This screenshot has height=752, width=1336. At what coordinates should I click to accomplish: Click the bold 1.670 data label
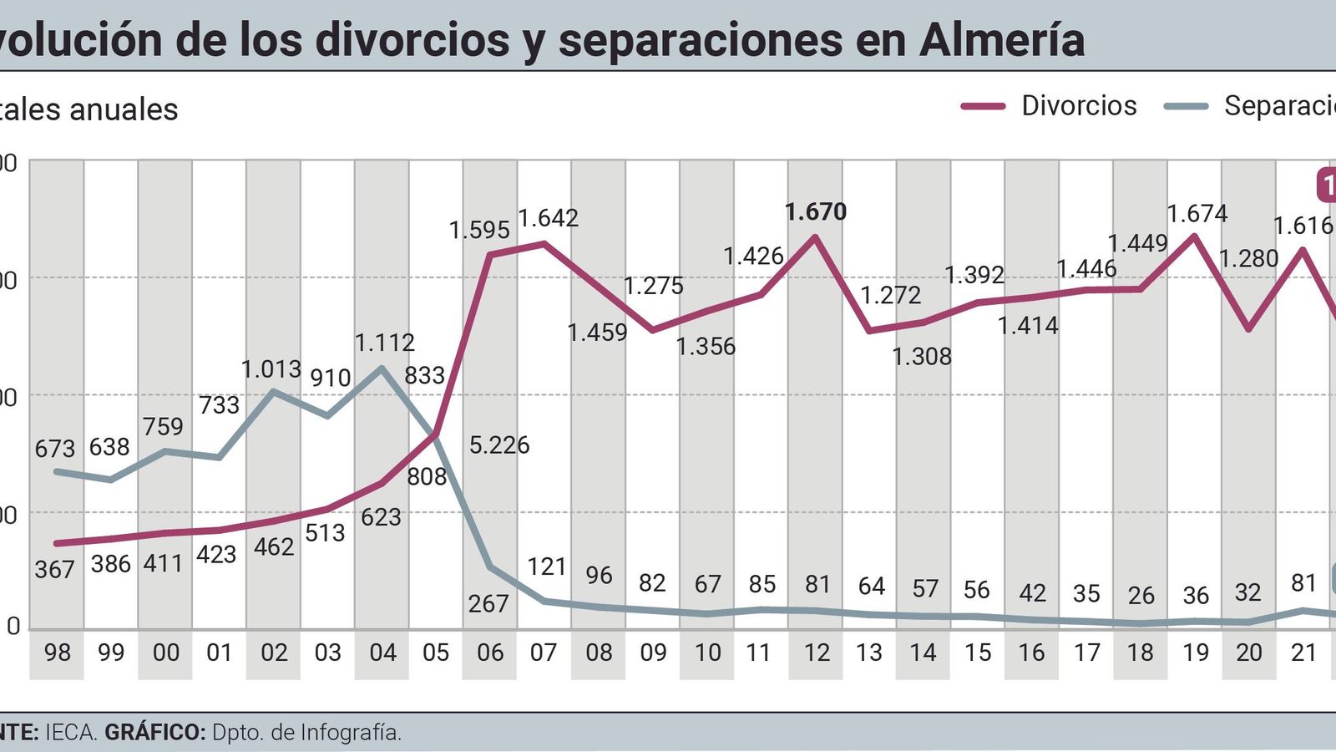(x=816, y=212)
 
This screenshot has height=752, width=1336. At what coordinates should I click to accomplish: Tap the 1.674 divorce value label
(x=1197, y=214)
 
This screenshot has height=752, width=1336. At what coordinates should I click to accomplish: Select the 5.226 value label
(x=498, y=445)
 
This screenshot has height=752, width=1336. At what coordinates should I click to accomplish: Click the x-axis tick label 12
(x=816, y=653)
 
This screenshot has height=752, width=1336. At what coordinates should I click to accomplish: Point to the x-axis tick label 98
(x=57, y=653)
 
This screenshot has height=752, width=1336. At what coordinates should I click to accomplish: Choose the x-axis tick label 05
(x=436, y=653)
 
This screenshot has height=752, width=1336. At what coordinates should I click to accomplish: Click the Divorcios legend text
(x=1079, y=106)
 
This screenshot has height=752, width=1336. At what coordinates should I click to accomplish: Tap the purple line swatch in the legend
(x=983, y=106)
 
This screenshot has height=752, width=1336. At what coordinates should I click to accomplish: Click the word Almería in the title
(x=1002, y=40)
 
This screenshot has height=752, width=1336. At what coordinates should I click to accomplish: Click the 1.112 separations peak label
(x=384, y=343)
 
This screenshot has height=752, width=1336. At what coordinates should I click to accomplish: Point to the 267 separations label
(x=488, y=603)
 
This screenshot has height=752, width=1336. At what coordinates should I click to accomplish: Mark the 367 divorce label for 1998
(x=55, y=570)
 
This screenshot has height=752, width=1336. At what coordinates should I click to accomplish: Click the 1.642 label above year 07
(x=548, y=218)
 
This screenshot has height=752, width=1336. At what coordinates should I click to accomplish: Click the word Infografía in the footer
(x=351, y=733)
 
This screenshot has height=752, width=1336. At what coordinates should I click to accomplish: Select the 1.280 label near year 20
(x=1248, y=259)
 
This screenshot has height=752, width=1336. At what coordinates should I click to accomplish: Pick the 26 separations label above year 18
(x=1141, y=596)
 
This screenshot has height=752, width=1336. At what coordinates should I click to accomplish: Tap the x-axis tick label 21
(x=1303, y=653)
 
